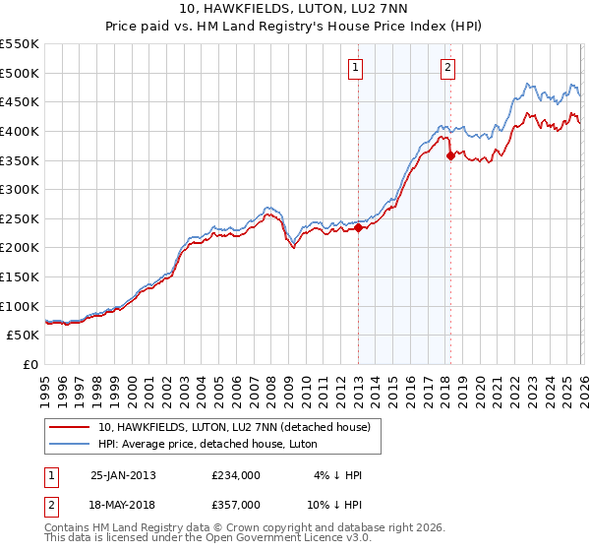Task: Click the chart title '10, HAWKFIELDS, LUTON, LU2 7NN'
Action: coord(294,10)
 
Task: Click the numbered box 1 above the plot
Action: coord(354,68)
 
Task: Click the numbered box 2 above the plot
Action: coord(447,68)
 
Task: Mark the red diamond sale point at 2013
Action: coord(358,227)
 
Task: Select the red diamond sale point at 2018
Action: coord(450,155)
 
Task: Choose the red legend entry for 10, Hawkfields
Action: coord(233,427)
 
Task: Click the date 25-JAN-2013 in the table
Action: coord(123,475)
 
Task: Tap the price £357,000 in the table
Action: coord(236,504)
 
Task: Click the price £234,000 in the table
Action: coord(236,475)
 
